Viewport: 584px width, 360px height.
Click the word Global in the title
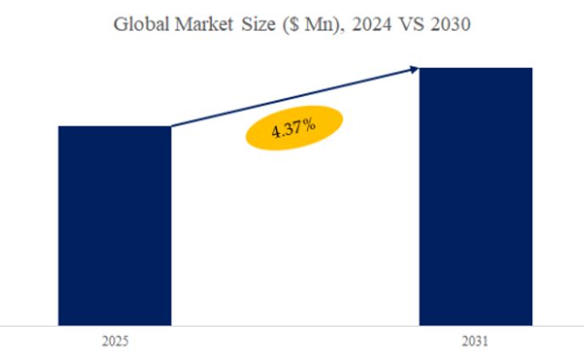click(140, 25)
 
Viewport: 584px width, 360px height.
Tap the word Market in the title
click(205, 25)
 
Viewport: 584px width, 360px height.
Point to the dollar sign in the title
click(291, 26)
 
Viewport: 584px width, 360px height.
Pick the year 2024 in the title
click(360, 25)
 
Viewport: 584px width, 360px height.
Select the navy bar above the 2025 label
click(115, 225)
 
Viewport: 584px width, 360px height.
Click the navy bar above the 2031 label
click(476, 195)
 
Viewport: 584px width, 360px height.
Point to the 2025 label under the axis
click(115, 341)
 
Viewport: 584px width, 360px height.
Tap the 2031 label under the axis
click(476, 341)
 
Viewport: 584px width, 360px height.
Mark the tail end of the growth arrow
click(173, 127)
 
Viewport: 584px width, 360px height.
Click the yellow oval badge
click(294, 129)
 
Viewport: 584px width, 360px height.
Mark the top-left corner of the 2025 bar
click(59, 127)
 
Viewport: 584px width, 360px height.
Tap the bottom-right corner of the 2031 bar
click(532, 324)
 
